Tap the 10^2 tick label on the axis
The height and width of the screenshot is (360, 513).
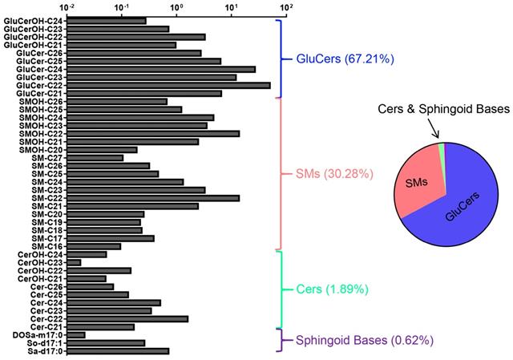(x=285, y=6)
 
